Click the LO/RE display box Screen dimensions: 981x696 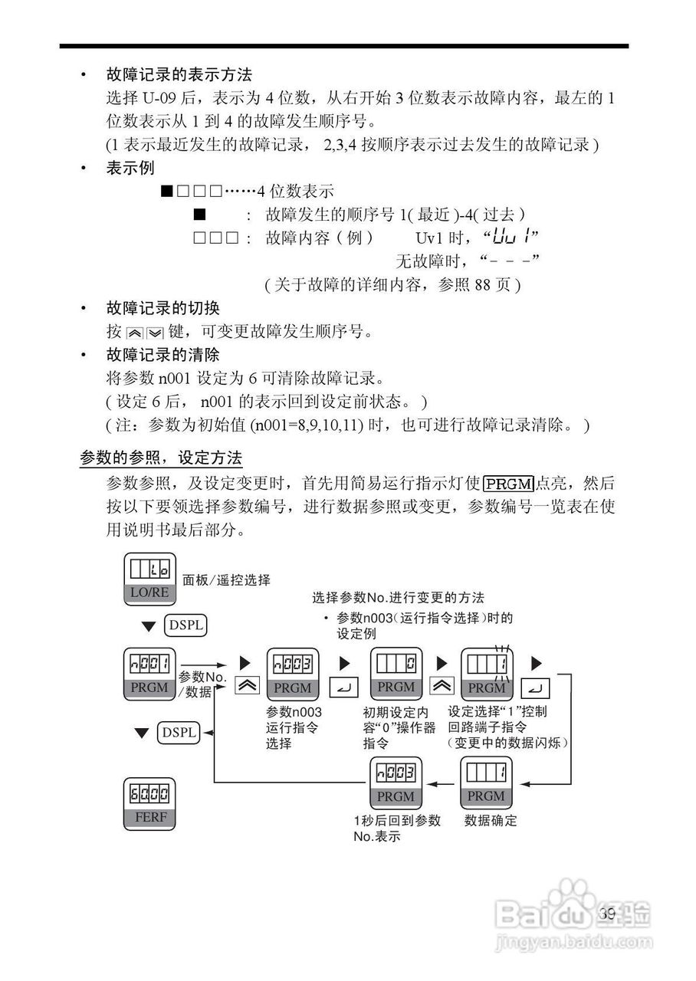(x=149, y=579)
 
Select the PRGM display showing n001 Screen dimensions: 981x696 (x=149, y=674)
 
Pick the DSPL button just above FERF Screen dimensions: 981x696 (x=178, y=733)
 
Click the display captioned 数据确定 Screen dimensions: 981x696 (x=485, y=782)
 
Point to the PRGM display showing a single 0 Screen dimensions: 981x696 (x=396, y=674)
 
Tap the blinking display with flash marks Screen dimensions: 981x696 (x=486, y=674)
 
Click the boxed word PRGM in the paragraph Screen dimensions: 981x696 (x=508, y=484)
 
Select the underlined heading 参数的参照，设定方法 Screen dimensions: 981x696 (x=161, y=458)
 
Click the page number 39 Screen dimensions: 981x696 (x=608, y=913)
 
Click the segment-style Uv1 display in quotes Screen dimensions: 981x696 (x=512, y=236)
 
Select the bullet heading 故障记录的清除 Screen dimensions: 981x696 (x=163, y=355)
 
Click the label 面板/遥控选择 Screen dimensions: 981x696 (x=226, y=580)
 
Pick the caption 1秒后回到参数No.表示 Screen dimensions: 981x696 (x=396, y=828)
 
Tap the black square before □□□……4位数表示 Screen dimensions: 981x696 (x=166, y=191)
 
